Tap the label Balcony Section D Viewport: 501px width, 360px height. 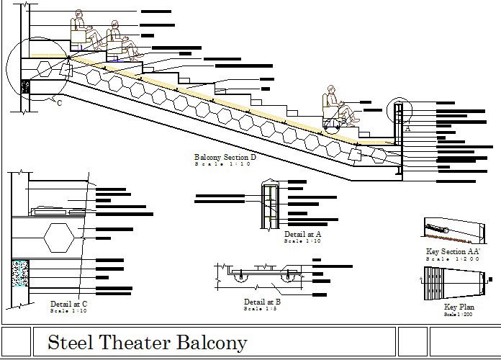coord(225,158)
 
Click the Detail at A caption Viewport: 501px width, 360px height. coord(302,235)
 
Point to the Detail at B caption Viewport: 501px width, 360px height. coord(262,302)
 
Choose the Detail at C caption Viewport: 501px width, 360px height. coord(68,304)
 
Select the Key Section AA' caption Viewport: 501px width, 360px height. coord(453,251)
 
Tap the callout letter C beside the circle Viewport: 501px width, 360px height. coord(59,103)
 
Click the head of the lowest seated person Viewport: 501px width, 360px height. coord(330,89)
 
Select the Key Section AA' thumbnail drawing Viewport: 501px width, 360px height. coord(452,230)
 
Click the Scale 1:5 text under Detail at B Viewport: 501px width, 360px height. coord(262,309)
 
